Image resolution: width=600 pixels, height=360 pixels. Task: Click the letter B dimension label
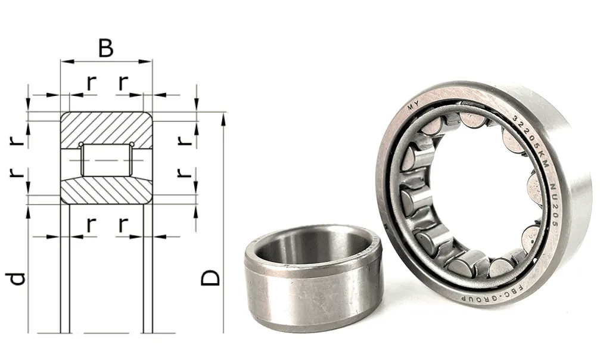coord(106,48)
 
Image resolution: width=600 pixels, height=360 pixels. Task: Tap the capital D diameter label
coord(210,278)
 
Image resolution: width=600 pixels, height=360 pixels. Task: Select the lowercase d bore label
coord(17,278)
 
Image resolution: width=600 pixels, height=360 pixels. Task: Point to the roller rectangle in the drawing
coord(106,160)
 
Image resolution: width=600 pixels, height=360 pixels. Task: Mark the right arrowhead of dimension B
coord(145,61)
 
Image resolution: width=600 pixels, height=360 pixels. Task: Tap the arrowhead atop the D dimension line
coord(223,119)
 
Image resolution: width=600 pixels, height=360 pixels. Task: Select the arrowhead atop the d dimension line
coord(29,211)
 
